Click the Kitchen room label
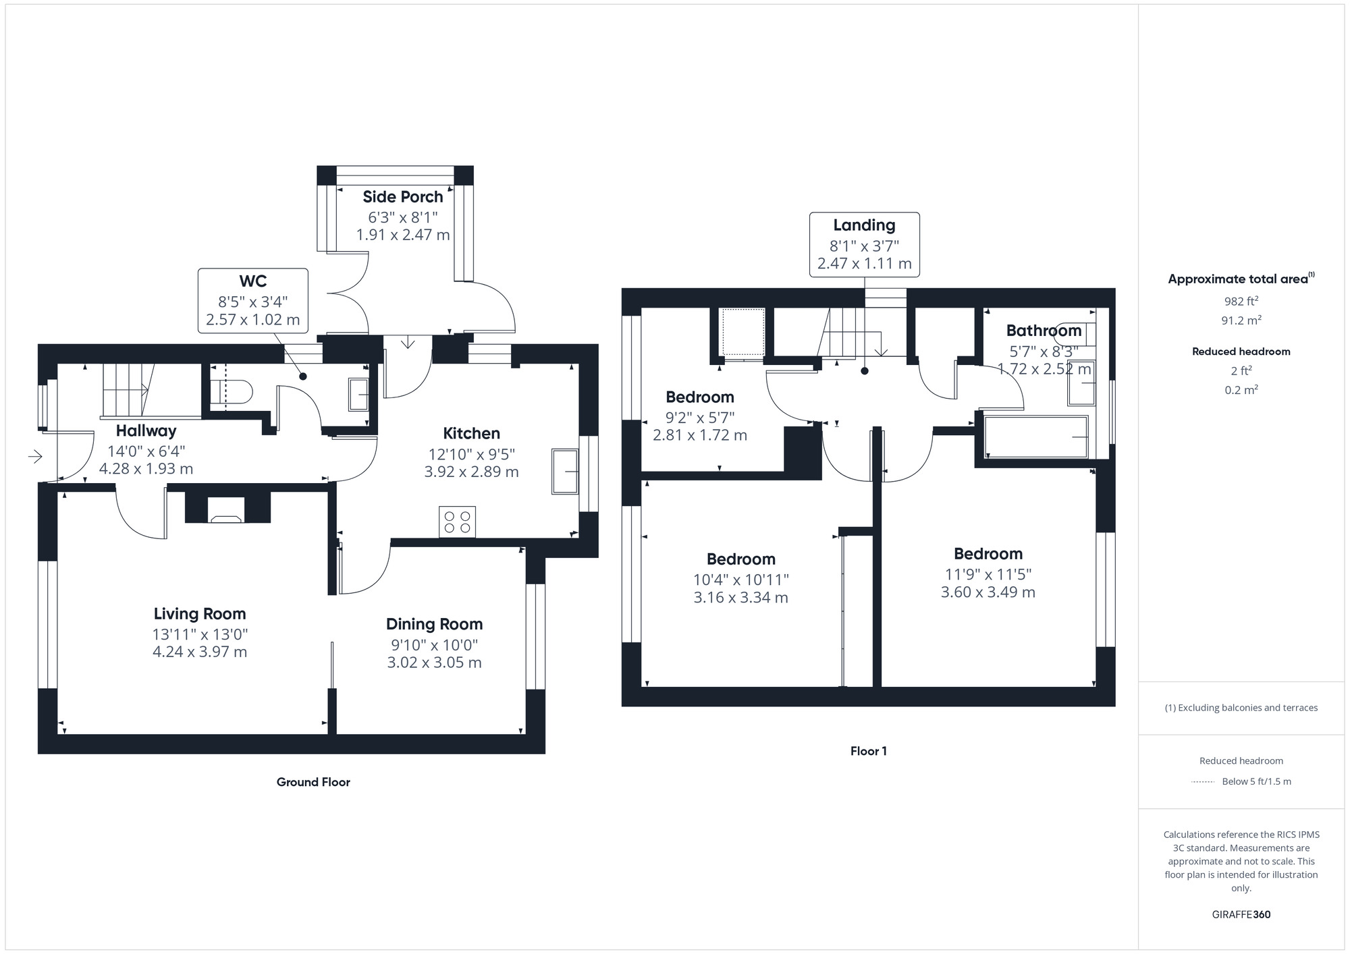coord(471,433)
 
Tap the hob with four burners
coord(457,522)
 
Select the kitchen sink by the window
coord(565,470)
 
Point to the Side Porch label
coord(402,197)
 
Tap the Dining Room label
coord(434,624)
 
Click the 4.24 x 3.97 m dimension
coord(200,652)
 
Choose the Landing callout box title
coord(864,225)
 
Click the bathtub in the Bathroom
coord(1035,437)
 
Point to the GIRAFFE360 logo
coord(1241,915)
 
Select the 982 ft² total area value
coord(1241,302)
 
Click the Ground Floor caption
coord(313,782)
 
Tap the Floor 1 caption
coord(868,751)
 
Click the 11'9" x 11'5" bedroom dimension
coord(988,574)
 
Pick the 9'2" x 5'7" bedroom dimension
coord(699,418)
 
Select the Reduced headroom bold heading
coord(1241,352)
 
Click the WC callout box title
coord(252,281)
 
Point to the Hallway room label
coord(146,430)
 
